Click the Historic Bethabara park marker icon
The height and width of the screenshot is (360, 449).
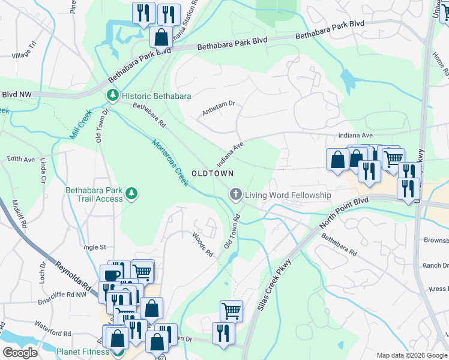[x=112, y=96]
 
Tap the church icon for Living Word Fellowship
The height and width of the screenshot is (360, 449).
[x=235, y=195]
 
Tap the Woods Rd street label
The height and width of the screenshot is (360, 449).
[x=203, y=245]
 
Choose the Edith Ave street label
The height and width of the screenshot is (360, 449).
[x=21, y=159]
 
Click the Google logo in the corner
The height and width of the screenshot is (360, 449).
[x=20, y=353]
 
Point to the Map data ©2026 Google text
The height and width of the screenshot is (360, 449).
[x=411, y=355]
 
